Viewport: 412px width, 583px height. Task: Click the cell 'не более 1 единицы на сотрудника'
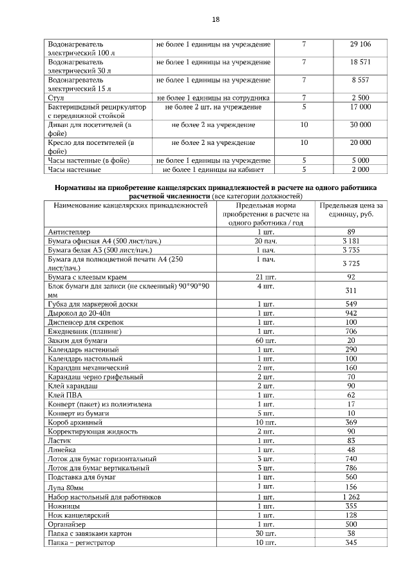click(213, 97)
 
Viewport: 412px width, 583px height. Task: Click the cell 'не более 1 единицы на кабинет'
click(213, 169)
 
